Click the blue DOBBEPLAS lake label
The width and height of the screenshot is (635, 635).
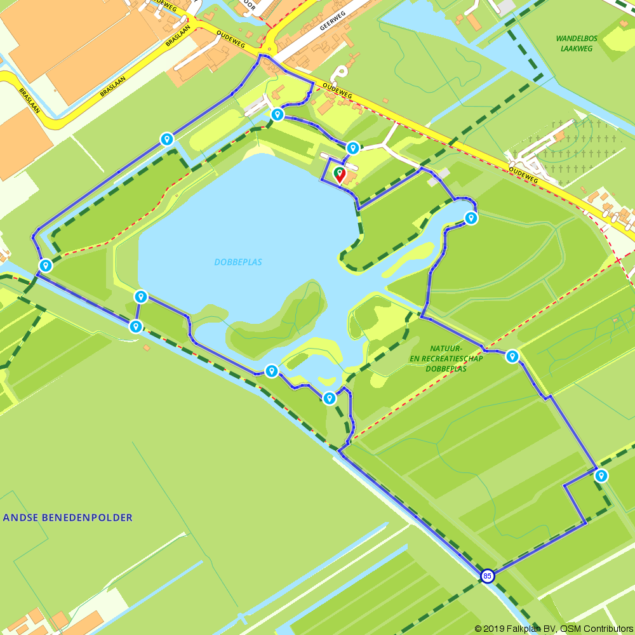(x=238, y=262)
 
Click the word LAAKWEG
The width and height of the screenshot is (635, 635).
(x=576, y=48)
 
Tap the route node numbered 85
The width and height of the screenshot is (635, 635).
(x=487, y=576)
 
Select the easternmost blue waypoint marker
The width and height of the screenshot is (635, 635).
(x=601, y=476)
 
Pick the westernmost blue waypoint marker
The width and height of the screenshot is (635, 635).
(x=45, y=265)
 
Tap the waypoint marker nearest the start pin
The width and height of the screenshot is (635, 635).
(x=352, y=148)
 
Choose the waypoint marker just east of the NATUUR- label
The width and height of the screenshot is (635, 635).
(x=512, y=356)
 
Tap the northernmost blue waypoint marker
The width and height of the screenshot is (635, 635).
(x=277, y=114)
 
